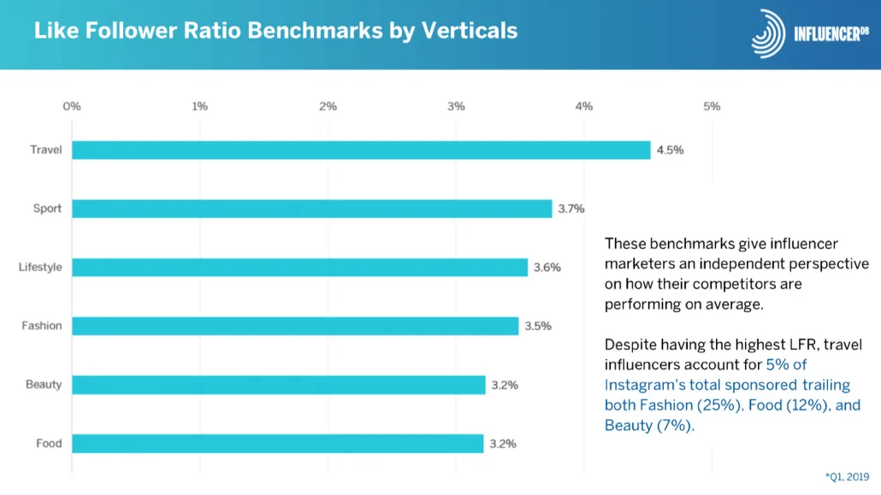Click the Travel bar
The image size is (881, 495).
pos(361,150)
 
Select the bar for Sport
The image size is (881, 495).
pos(312,209)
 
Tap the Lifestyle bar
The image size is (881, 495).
pos(299,268)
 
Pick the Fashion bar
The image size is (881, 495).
pos(295,326)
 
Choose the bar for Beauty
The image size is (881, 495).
pos(279,385)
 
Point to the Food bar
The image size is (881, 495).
pos(278,444)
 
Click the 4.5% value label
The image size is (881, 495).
pos(671,150)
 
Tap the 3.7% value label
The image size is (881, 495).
pos(571,209)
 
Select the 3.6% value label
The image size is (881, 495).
pos(547,268)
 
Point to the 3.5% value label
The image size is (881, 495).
pos(538,326)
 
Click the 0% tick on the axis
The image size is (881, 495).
pos(72,106)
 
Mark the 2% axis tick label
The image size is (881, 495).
pos(328,106)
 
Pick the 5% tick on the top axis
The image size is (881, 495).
pos(712,106)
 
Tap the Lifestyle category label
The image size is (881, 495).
pos(40,267)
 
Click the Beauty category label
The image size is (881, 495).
pos(44,385)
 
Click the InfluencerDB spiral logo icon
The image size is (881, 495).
pos(768,33)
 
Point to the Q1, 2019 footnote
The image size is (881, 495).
pos(848,477)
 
